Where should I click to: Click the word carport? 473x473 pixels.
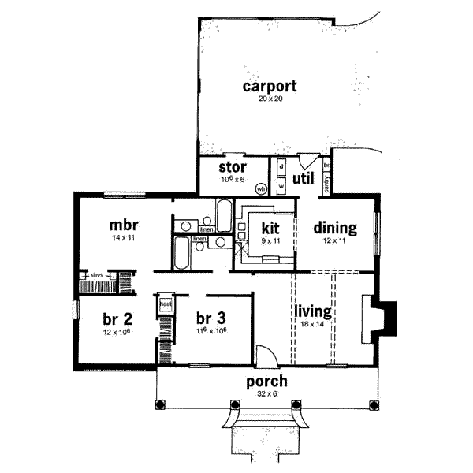(263, 86)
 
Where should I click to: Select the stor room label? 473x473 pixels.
(233, 167)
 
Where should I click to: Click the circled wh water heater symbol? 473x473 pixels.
(260, 189)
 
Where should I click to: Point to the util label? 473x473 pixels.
(304, 179)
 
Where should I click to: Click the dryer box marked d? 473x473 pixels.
(280, 169)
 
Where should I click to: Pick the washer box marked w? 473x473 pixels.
(280, 187)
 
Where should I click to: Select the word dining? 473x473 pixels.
(335, 228)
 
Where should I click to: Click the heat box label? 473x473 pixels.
(166, 302)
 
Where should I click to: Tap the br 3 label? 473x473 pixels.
(210, 318)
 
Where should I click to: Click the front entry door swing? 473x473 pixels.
(267, 356)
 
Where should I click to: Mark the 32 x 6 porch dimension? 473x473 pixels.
(265, 394)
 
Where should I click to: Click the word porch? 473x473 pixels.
(265, 382)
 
